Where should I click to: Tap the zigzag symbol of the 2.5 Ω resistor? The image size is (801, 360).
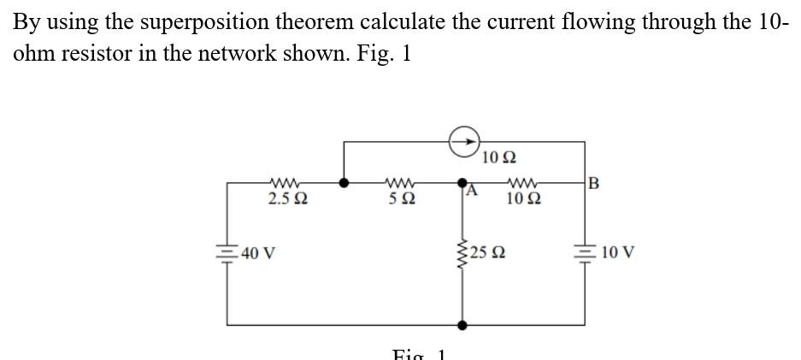tap(284, 182)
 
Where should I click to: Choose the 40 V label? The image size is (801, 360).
tap(256, 253)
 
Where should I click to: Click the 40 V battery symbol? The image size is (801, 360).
tap(227, 253)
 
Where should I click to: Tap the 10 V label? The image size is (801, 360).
tap(617, 253)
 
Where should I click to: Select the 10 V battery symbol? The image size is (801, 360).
tap(586, 253)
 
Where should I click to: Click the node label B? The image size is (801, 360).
tap(595, 181)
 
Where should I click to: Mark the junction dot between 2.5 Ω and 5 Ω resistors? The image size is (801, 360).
tap(344, 182)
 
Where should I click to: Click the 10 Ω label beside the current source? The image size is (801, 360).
tap(498, 157)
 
